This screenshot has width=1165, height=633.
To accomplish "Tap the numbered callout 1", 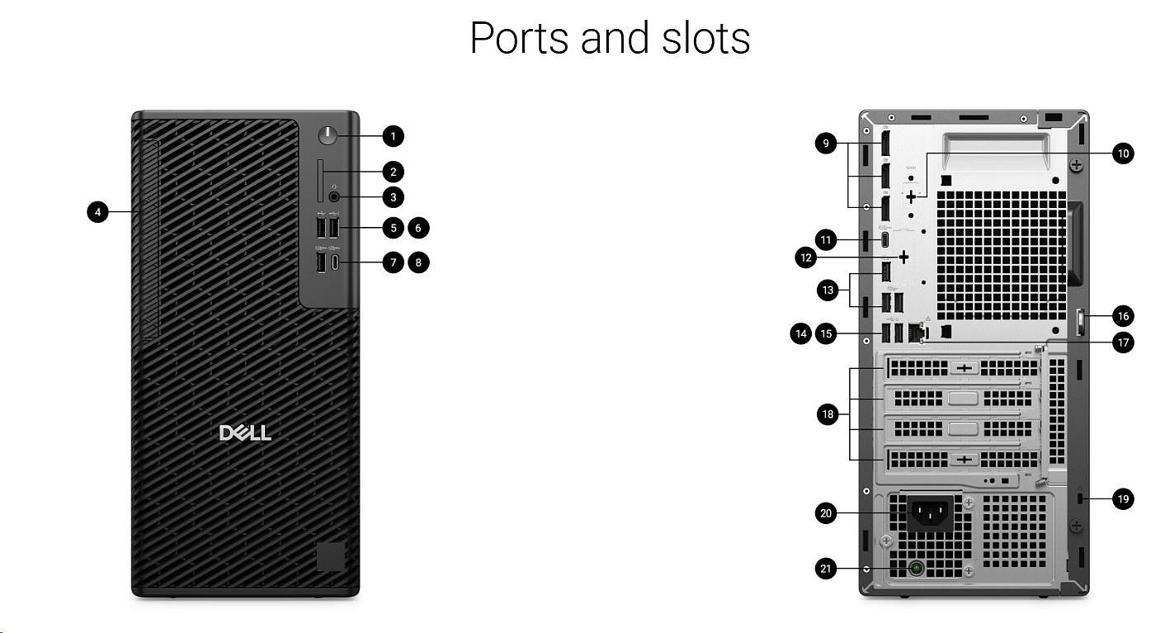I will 394,135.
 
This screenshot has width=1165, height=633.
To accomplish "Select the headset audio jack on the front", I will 334,196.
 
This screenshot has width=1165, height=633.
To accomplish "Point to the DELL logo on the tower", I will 245,433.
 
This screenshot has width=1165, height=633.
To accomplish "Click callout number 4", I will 97,212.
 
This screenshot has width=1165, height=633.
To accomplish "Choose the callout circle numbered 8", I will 419,262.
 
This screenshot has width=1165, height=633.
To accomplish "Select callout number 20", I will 825,513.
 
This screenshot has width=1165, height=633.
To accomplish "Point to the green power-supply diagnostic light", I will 916,568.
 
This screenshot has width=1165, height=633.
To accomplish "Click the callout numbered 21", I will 825,568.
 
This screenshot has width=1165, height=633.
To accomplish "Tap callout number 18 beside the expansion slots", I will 828,414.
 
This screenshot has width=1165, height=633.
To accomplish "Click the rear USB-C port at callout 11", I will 885,240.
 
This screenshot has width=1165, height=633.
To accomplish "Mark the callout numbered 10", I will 1122,153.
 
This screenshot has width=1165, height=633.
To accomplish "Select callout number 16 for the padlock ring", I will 1122,315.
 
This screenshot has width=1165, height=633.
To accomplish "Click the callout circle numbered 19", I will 1122,498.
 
